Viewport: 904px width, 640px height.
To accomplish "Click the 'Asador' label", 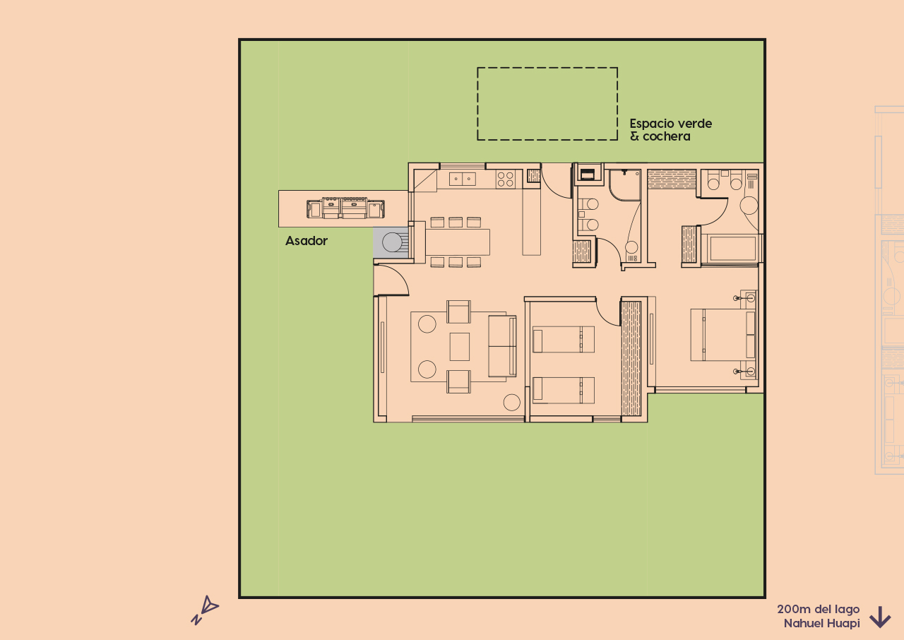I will pyautogui.click(x=307, y=241).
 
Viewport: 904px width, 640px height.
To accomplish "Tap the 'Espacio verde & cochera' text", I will pyautogui.click(x=670, y=129).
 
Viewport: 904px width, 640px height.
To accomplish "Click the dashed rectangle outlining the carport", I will pyautogui.click(x=547, y=69).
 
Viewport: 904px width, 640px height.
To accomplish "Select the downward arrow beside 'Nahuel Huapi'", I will pyautogui.click(x=879, y=617).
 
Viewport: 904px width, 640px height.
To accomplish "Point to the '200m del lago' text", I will pyautogui.click(x=818, y=609).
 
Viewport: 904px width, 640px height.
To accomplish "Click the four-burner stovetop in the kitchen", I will pyautogui.click(x=505, y=179).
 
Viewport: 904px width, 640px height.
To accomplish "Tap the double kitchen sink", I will pyautogui.click(x=462, y=179).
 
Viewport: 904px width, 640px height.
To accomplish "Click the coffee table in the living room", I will pyautogui.click(x=459, y=346).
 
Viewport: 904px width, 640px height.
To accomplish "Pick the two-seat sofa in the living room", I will pyautogui.click(x=502, y=346).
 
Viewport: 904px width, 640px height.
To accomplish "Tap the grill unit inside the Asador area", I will pyautogui.click(x=345, y=208).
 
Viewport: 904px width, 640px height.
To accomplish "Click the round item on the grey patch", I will pyautogui.click(x=392, y=243).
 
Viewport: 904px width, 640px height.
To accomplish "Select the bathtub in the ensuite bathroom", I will pyautogui.click(x=732, y=249).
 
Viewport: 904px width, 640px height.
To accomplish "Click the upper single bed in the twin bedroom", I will pyautogui.click(x=563, y=339).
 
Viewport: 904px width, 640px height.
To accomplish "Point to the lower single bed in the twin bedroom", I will pyautogui.click(x=563, y=390).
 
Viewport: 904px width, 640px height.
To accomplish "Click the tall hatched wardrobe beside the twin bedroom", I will pyautogui.click(x=631, y=359).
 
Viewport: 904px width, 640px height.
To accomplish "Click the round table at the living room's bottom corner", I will pyautogui.click(x=512, y=403).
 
